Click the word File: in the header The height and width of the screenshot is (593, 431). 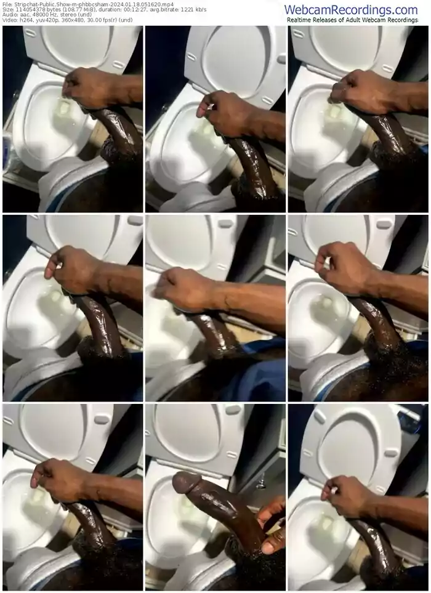tap(7, 4)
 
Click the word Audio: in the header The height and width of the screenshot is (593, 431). tap(9, 15)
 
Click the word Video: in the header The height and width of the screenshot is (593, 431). tap(9, 20)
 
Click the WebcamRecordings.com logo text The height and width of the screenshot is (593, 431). tap(351, 9)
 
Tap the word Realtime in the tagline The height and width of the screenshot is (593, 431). tap(299, 20)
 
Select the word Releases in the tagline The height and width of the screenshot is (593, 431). tap(324, 20)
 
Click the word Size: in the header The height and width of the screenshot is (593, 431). tap(7, 10)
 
